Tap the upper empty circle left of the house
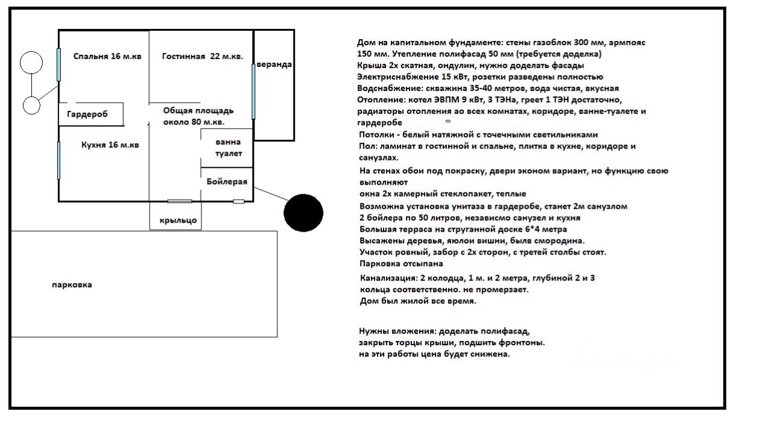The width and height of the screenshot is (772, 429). (x=31, y=62)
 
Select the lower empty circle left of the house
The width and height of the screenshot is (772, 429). (x=31, y=105)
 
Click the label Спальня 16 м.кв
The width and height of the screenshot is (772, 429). (x=107, y=57)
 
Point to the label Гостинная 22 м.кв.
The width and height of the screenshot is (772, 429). (x=203, y=57)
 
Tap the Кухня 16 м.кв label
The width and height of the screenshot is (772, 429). (x=110, y=145)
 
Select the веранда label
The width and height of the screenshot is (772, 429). (x=274, y=65)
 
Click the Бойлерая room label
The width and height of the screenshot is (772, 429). (x=226, y=182)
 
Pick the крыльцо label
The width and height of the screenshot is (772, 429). (x=178, y=220)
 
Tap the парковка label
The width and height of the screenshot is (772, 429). (x=72, y=285)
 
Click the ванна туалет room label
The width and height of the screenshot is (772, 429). (x=228, y=148)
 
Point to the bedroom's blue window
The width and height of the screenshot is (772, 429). (x=59, y=65)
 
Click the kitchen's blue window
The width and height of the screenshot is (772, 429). (x=59, y=160)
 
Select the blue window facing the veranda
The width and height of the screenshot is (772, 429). (x=253, y=91)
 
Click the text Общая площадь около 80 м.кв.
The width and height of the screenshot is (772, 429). (x=198, y=116)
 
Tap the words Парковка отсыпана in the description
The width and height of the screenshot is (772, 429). (x=400, y=264)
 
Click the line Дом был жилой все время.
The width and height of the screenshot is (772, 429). (x=418, y=300)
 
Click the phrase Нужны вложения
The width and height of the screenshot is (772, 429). (x=394, y=331)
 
